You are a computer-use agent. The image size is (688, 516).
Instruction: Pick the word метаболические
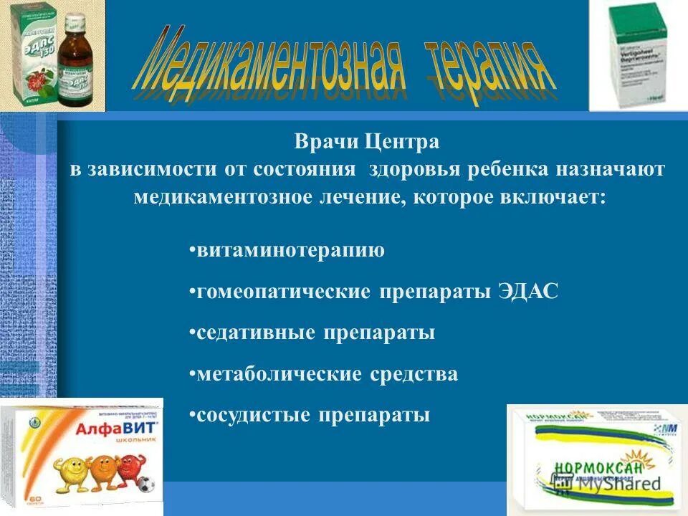click(279, 374)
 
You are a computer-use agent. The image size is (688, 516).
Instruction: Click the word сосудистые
click(254, 416)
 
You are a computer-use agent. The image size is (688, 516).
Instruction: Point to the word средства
click(414, 374)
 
